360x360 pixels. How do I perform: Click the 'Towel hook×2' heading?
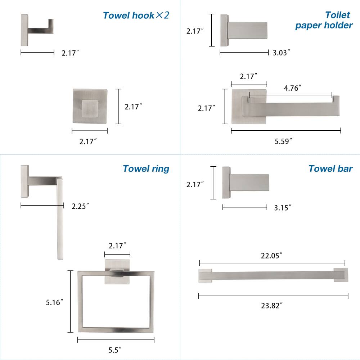136,15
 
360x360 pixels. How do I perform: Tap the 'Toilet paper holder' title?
324,20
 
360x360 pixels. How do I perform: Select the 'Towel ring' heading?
146,168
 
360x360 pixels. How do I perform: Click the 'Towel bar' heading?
330,168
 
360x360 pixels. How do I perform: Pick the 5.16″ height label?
55,302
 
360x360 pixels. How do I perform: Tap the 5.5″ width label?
115,349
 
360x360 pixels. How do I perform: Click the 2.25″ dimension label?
80,206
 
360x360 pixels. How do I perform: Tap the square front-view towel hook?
90,107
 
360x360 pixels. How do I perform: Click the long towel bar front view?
273,276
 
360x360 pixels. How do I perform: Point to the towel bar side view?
245,182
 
